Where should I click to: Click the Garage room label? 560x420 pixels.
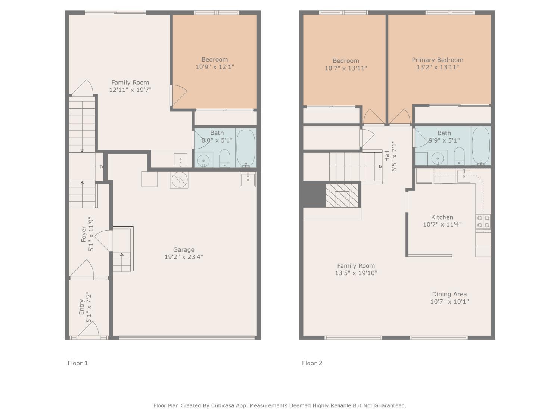point(184,249)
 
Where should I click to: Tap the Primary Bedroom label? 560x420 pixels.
point(437,60)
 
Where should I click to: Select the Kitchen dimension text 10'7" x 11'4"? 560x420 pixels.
point(442,224)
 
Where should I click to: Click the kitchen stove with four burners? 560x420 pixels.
point(483,221)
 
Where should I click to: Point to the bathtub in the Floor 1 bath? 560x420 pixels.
point(246,148)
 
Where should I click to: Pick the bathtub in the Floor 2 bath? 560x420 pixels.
point(481,146)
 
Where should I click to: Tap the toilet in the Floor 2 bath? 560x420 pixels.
point(459,156)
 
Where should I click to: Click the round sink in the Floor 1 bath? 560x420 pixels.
point(203,161)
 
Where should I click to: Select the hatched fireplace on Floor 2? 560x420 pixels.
point(342,196)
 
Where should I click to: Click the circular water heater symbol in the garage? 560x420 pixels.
point(179,180)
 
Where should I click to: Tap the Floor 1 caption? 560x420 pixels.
point(78,363)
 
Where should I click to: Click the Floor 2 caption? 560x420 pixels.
point(312,363)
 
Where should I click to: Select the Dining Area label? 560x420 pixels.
point(449,294)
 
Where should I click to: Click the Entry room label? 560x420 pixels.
point(82,307)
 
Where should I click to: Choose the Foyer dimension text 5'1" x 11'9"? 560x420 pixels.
point(91,234)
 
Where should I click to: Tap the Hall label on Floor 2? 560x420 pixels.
point(387,156)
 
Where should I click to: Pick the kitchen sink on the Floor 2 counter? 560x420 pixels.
point(464,176)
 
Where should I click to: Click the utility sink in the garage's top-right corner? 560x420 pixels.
point(248,180)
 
